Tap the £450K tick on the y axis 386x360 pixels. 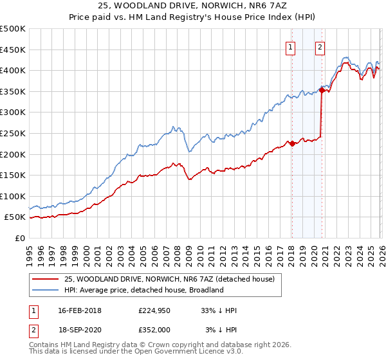(x=13, y=50)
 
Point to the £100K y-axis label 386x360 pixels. (x=13, y=196)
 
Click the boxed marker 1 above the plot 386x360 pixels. (x=291, y=46)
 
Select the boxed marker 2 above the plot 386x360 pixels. (x=320, y=46)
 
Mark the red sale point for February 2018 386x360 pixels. (x=292, y=143)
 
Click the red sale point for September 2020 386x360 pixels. (x=322, y=90)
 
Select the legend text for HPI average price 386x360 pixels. (x=143, y=290)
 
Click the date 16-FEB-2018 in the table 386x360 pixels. (x=80, y=310)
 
